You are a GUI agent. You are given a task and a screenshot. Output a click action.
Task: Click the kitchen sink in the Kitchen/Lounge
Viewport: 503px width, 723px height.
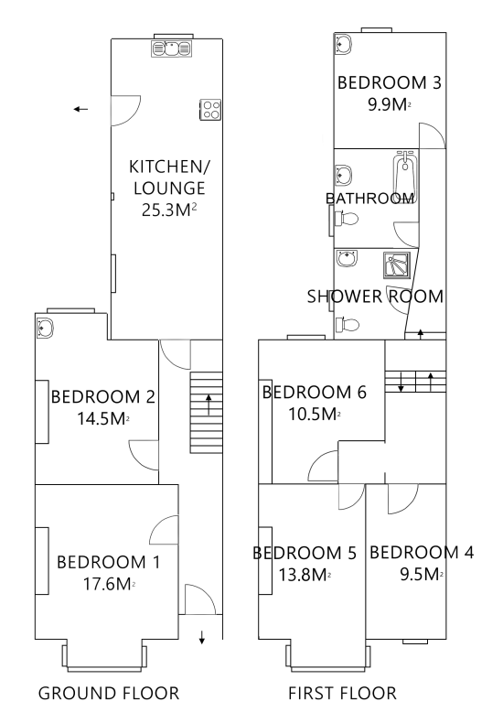point(171,48)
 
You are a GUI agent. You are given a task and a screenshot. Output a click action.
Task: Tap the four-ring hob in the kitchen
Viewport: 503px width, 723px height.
point(210,110)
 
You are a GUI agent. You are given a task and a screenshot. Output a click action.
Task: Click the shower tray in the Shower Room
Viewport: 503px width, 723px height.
point(397,265)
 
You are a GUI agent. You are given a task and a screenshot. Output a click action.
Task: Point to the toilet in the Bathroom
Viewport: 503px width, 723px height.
point(347,219)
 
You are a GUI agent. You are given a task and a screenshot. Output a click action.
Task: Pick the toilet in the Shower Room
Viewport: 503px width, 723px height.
point(348,325)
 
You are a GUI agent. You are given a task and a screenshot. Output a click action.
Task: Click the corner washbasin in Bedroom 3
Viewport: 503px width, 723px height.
point(343,44)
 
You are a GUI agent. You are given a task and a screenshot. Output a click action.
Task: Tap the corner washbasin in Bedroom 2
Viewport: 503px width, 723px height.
point(45,328)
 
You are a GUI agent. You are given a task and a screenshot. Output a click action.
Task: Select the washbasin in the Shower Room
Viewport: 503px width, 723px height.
point(347,258)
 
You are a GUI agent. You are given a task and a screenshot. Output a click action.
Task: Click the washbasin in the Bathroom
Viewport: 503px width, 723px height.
point(344,174)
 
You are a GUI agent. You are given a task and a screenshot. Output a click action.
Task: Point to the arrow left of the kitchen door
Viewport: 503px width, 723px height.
point(80,109)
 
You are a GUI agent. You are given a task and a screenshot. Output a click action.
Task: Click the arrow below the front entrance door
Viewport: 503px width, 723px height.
point(202,637)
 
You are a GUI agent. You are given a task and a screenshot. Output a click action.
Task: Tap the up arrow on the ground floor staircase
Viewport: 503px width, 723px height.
point(209,405)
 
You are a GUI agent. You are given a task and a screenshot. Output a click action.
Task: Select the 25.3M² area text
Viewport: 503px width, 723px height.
point(169,210)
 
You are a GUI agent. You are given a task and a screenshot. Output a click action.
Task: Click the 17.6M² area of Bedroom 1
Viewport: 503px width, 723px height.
point(109,584)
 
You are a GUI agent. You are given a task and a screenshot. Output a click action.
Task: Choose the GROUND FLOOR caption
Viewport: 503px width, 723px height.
point(109,694)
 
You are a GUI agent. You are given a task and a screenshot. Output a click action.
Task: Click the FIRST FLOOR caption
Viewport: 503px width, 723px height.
point(342,694)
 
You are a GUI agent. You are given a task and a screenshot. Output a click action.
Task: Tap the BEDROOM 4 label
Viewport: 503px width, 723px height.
point(422,553)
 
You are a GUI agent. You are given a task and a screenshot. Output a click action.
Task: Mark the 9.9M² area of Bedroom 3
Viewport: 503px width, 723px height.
point(390,104)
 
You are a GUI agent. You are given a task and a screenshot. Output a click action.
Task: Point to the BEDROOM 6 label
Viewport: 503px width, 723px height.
point(314,393)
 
